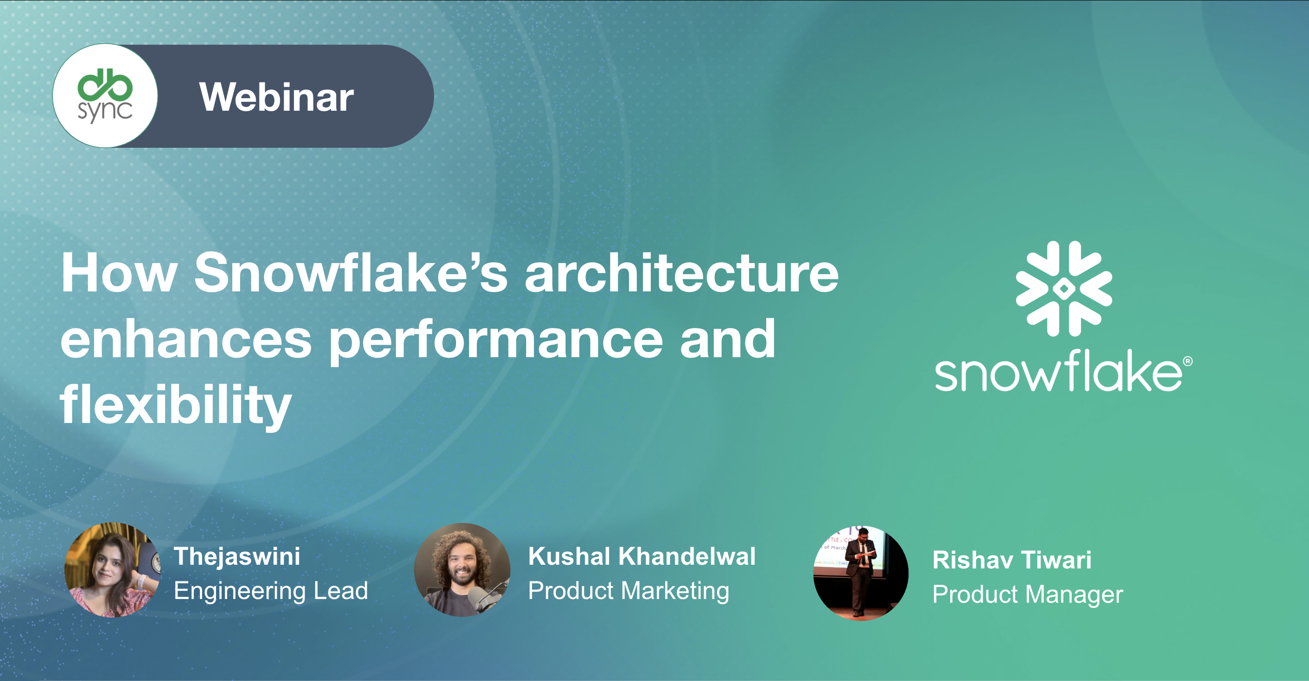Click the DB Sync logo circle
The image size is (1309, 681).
tap(105, 96)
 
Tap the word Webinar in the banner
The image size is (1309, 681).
tap(276, 97)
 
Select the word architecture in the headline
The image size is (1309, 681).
tap(681, 273)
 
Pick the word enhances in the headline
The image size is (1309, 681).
tap(186, 339)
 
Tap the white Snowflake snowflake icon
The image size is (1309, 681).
tap(1063, 289)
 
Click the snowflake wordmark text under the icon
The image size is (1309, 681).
tap(1059, 371)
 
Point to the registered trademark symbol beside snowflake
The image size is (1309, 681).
tap(1188, 361)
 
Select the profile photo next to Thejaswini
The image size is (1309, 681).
tap(112, 570)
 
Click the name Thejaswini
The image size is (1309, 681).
tap(237, 556)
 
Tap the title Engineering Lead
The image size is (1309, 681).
tap(271, 591)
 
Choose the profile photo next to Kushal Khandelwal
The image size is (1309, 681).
tap(462, 570)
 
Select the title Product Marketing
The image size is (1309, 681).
tap(629, 591)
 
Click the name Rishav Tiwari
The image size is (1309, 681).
tap(1012, 560)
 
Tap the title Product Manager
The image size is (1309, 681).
tap(1028, 594)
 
